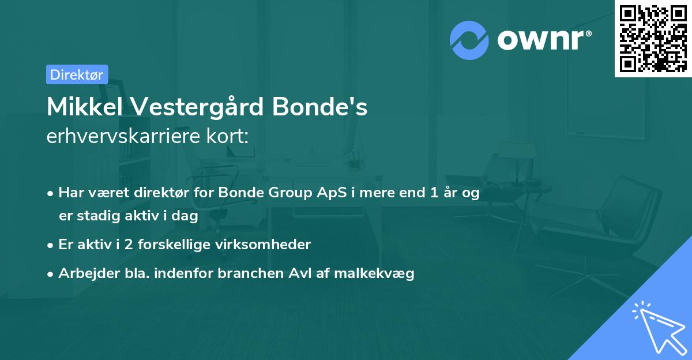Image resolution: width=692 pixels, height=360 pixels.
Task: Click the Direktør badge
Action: [x=77, y=74]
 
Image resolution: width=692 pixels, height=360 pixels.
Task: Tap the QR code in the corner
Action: [x=653, y=38]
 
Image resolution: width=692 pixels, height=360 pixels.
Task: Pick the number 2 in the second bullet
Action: [x=128, y=245]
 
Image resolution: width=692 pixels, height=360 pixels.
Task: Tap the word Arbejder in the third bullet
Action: [x=84, y=273]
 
